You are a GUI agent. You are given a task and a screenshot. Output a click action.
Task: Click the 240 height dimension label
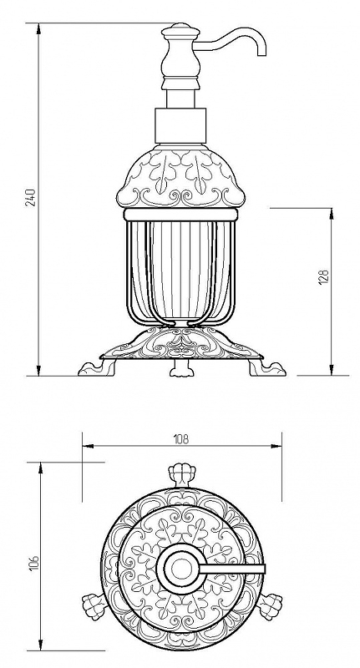pos(32,197)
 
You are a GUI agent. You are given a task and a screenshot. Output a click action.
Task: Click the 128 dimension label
pos(325,278)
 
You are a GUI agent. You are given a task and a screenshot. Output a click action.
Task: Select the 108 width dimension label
pos(181,439)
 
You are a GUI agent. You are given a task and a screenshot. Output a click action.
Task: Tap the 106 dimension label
pos(34,562)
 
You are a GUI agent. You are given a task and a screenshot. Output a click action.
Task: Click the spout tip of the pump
pos(261,53)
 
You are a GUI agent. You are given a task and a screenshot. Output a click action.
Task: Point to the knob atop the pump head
pos(180,31)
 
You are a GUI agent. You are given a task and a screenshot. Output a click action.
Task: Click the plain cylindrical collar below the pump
pos(180,126)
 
